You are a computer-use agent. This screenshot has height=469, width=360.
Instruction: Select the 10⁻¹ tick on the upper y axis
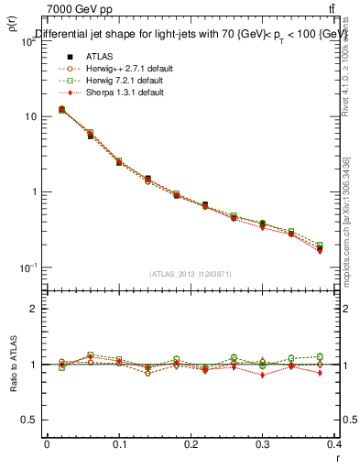[x=27, y=267]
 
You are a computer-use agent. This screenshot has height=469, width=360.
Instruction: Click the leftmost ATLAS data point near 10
[x=61, y=110]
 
